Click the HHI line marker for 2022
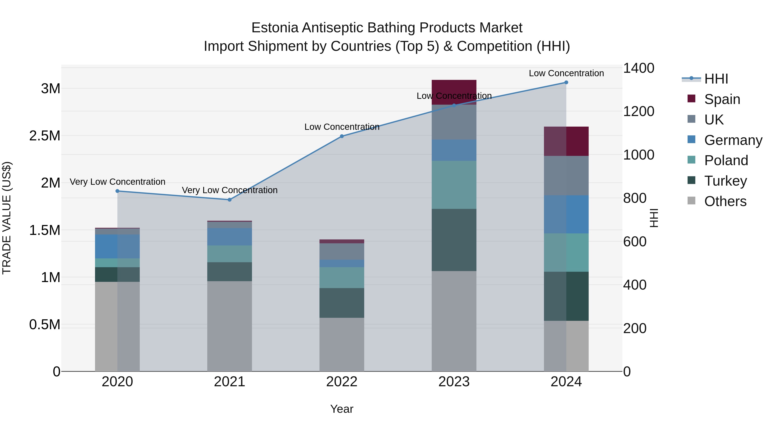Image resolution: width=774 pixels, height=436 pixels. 342,136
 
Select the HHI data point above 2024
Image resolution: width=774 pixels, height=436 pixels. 566,82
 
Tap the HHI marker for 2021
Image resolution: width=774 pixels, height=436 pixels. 230,200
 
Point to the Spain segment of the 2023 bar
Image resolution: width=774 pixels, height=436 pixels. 454,87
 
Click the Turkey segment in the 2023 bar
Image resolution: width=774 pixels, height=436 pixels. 454,240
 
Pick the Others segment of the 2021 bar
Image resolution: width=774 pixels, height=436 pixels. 230,326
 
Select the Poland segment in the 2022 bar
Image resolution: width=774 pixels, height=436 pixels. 342,278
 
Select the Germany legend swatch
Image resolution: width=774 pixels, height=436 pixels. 691,140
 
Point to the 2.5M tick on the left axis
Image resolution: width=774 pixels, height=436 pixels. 45,136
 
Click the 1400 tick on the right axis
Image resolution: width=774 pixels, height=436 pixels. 639,68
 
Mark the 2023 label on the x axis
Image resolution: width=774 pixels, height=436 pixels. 454,382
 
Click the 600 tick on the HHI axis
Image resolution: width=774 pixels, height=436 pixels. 635,242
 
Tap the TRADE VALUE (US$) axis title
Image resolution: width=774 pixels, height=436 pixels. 7,218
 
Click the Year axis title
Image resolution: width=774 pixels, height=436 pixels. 342,409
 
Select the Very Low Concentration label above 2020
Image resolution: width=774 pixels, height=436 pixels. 117,182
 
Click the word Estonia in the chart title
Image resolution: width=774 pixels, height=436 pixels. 275,28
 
